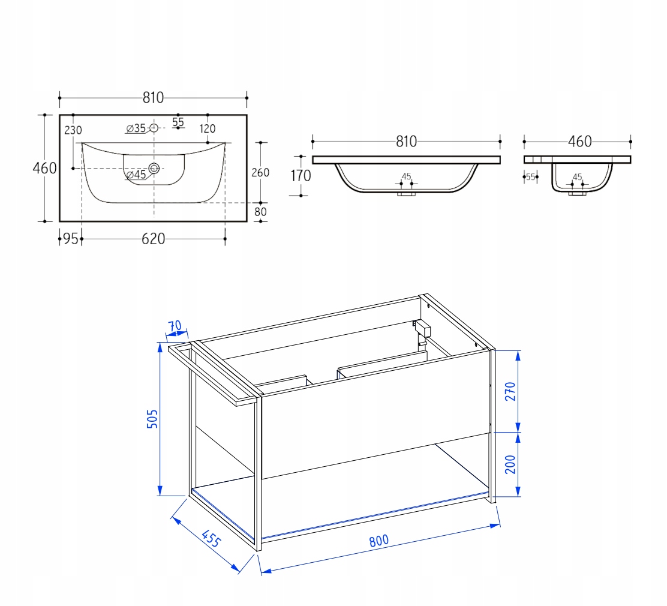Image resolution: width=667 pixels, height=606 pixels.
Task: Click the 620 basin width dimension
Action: [153, 239]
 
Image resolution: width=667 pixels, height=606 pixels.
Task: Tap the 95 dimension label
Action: [71, 239]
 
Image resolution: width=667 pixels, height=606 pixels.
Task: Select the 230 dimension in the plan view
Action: [73, 130]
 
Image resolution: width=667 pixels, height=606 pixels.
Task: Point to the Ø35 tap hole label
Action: [136, 128]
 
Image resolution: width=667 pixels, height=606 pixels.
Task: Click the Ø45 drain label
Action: [136, 175]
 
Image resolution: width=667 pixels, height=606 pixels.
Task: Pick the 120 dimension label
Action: [208, 128]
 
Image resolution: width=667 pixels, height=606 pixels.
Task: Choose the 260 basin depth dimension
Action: [260, 172]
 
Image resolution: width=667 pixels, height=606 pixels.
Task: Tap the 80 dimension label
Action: [260, 212]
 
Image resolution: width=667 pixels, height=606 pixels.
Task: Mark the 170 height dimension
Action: [301, 175]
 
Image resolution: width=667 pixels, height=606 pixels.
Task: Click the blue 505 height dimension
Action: [152, 419]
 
